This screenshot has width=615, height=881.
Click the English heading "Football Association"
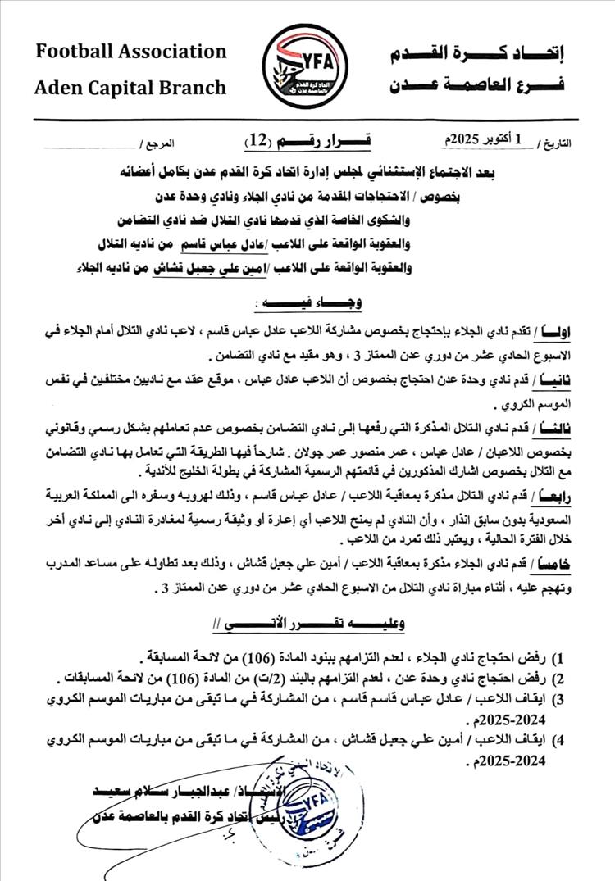pos(131,52)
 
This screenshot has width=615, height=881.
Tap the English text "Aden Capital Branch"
pos(130,88)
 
